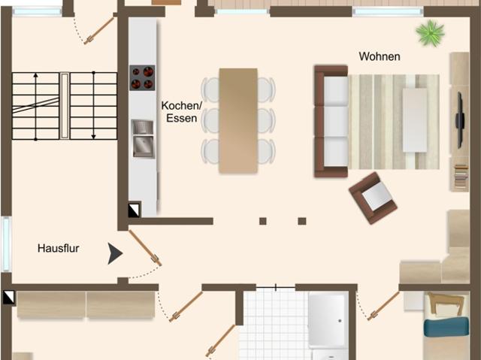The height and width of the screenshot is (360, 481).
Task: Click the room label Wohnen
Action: tap(380, 56)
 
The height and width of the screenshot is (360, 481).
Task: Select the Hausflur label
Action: tap(59, 247)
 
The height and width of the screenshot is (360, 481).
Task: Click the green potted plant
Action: tap(431, 32)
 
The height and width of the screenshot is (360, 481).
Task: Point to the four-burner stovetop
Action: tap(142, 77)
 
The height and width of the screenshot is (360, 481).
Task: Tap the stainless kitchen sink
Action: tap(142, 138)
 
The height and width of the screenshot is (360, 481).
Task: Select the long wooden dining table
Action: tap(238, 120)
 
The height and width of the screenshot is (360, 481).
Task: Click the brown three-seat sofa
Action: tap(330, 121)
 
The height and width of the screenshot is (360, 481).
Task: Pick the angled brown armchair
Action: tap(374, 198)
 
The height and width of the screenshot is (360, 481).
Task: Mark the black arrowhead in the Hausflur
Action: tap(114, 254)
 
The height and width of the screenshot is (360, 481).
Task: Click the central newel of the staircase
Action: tap(65, 105)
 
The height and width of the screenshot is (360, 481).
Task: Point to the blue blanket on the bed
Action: tap(446, 328)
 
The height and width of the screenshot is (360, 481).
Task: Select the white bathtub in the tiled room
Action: tap(327, 319)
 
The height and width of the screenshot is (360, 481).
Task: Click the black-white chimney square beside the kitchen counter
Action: tap(133, 210)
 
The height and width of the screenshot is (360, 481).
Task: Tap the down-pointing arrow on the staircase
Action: tap(93, 105)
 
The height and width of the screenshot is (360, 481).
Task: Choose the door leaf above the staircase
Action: tap(98, 31)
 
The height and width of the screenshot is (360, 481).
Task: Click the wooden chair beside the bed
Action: tap(445, 304)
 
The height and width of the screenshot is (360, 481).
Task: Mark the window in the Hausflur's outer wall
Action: tap(6, 244)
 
